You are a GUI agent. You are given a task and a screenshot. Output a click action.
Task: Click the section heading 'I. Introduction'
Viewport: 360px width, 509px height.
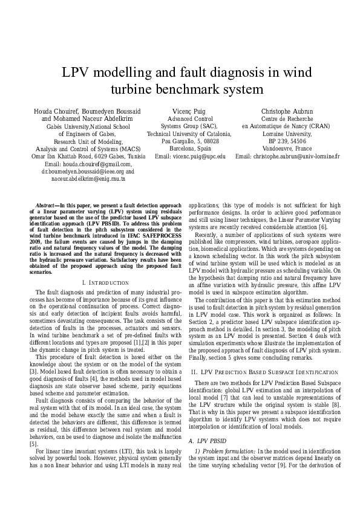[105, 283]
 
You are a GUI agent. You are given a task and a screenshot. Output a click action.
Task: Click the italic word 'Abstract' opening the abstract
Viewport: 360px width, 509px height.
[47, 206]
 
